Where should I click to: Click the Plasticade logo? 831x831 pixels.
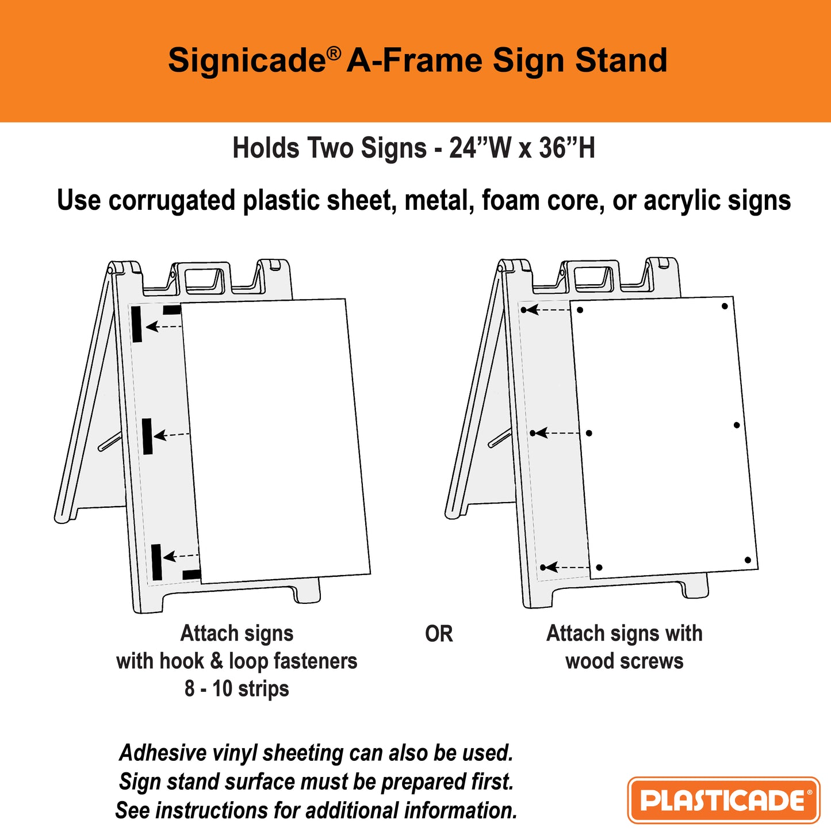[x=723, y=800]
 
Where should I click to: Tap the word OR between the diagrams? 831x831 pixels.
[x=439, y=634]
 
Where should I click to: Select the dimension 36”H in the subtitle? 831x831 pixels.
[x=566, y=148]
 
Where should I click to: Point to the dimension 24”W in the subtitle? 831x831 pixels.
[x=480, y=148]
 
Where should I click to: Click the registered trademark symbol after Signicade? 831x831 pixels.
[x=334, y=53]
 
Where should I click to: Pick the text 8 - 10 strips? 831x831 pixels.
[x=236, y=688]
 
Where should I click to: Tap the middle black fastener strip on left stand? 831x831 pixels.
[x=147, y=436]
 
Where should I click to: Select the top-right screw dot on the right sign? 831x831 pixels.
[x=725, y=306]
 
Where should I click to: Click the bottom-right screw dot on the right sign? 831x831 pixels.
[x=748, y=560]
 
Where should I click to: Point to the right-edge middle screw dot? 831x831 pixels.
[x=737, y=426]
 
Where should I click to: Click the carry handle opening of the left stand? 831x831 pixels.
[x=204, y=278]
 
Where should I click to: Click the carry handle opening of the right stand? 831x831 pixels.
[x=592, y=277]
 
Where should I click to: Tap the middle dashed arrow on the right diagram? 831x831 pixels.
[x=557, y=433]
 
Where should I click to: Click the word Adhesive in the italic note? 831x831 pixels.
[x=163, y=753]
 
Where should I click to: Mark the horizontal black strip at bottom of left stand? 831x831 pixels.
[x=192, y=575]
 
